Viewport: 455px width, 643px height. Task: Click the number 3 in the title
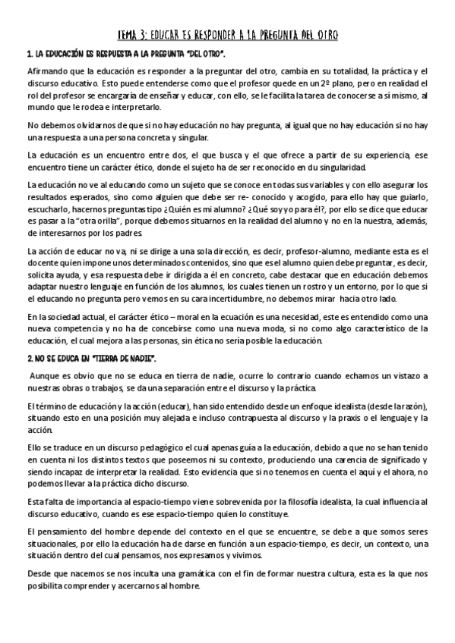154,35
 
